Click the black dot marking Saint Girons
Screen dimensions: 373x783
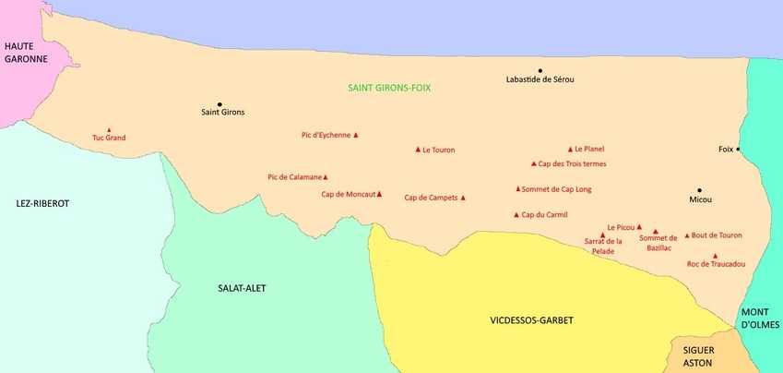219,104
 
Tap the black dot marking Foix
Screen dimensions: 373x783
739,149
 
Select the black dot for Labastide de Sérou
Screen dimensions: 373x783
540,70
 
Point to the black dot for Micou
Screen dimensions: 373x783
700,190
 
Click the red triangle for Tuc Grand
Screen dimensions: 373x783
109,130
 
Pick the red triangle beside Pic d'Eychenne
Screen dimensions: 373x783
356,135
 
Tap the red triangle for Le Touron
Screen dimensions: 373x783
418,149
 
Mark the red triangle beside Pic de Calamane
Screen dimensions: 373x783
326,176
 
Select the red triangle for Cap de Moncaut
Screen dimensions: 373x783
379,194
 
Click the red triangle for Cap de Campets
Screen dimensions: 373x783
463,198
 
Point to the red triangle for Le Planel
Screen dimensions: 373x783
570,149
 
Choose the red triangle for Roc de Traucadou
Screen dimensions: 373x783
716,256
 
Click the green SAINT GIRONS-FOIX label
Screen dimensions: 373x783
389,89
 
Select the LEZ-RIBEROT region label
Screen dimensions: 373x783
42,203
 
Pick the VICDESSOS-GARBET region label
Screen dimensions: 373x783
530,320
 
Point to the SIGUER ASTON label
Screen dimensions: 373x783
706,357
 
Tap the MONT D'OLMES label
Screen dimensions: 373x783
760,319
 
